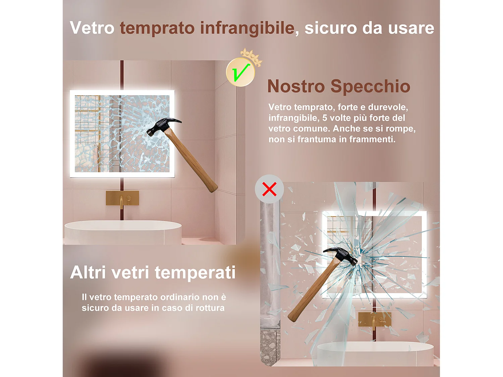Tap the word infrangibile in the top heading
(x=247, y=28)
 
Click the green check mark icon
(x=240, y=72)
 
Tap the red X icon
(x=269, y=189)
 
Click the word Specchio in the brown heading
(x=370, y=86)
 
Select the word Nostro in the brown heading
(x=296, y=86)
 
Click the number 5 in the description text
(x=325, y=118)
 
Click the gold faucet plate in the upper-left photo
(x=122, y=198)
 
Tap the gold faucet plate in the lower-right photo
(x=374, y=319)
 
